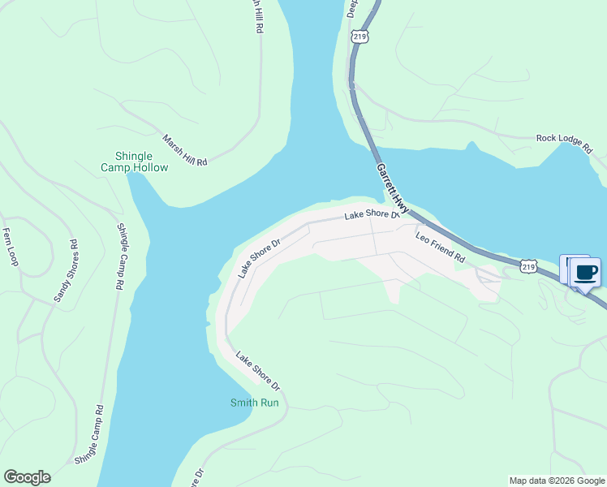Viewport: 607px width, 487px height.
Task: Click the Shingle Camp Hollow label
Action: (135, 162)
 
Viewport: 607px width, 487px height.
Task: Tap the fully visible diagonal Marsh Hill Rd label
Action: (185, 151)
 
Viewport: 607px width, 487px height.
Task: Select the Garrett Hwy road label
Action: (392, 186)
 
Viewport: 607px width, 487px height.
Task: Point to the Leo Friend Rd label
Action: (440, 248)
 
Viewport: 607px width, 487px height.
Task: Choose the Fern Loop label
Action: (10, 247)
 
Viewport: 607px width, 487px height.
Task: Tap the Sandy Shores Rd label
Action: (66, 271)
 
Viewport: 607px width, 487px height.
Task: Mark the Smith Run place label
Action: (255, 403)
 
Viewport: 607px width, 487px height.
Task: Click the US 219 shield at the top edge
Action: (359, 37)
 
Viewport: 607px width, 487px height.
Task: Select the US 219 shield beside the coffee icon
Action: (529, 266)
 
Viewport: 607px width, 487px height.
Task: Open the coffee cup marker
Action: (586, 271)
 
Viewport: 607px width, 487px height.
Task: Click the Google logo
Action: (27, 477)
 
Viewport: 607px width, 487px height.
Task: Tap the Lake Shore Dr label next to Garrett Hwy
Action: (372, 215)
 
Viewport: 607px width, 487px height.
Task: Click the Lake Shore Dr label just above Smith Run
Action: (257, 370)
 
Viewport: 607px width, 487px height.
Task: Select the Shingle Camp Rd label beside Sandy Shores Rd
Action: (121, 256)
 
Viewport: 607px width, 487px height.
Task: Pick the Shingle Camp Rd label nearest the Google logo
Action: (90, 435)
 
